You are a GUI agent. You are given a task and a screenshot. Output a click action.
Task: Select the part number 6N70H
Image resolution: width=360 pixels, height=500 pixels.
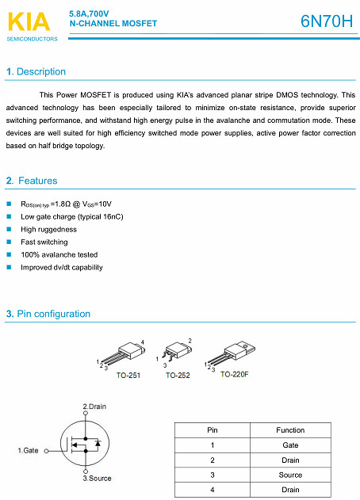coord(327,21)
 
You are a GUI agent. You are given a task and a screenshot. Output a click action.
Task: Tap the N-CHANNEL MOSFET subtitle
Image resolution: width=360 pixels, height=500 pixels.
coord(113,24)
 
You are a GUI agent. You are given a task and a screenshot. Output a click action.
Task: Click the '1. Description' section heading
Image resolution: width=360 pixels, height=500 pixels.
coord(36,72)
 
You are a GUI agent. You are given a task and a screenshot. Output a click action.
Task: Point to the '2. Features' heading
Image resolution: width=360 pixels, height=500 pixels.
coord(32,181)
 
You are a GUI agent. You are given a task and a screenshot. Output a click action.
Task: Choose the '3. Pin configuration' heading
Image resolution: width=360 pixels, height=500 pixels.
coord(48,315)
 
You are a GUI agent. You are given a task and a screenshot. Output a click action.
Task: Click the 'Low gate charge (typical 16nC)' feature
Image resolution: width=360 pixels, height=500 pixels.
coord(71,216)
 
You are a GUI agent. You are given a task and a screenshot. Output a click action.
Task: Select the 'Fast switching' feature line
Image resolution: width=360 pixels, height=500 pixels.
coord(44,242)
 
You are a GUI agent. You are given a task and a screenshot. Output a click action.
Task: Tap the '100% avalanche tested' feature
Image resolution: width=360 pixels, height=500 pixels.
coord(59,254)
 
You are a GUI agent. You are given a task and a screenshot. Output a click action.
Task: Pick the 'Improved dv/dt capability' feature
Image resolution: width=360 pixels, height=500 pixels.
coord(62,267)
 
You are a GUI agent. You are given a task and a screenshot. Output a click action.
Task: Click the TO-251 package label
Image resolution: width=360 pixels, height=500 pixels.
coord(128,375)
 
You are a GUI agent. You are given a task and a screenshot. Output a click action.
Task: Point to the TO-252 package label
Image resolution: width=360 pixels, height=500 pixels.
coord(178,375)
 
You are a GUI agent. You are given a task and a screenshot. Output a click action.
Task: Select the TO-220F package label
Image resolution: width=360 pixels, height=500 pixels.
coord(235,374)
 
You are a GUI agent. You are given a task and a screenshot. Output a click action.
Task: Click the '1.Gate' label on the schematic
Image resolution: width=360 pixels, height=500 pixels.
coord(28,450)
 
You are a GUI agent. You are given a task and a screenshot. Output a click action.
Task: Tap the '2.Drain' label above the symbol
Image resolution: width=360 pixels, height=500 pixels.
coord(94,406)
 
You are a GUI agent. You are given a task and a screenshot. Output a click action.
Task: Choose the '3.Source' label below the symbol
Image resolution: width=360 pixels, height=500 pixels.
coord(97,479)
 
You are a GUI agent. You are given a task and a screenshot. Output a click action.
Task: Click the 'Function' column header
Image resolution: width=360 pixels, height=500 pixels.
coord(290,430)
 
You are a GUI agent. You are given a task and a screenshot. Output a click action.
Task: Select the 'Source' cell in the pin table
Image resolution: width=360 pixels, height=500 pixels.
coord(290,475)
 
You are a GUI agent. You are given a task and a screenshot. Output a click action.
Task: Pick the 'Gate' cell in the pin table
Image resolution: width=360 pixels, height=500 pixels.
coord(290,445)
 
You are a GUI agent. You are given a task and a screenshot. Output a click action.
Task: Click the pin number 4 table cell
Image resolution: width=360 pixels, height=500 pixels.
coord(213,490)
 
